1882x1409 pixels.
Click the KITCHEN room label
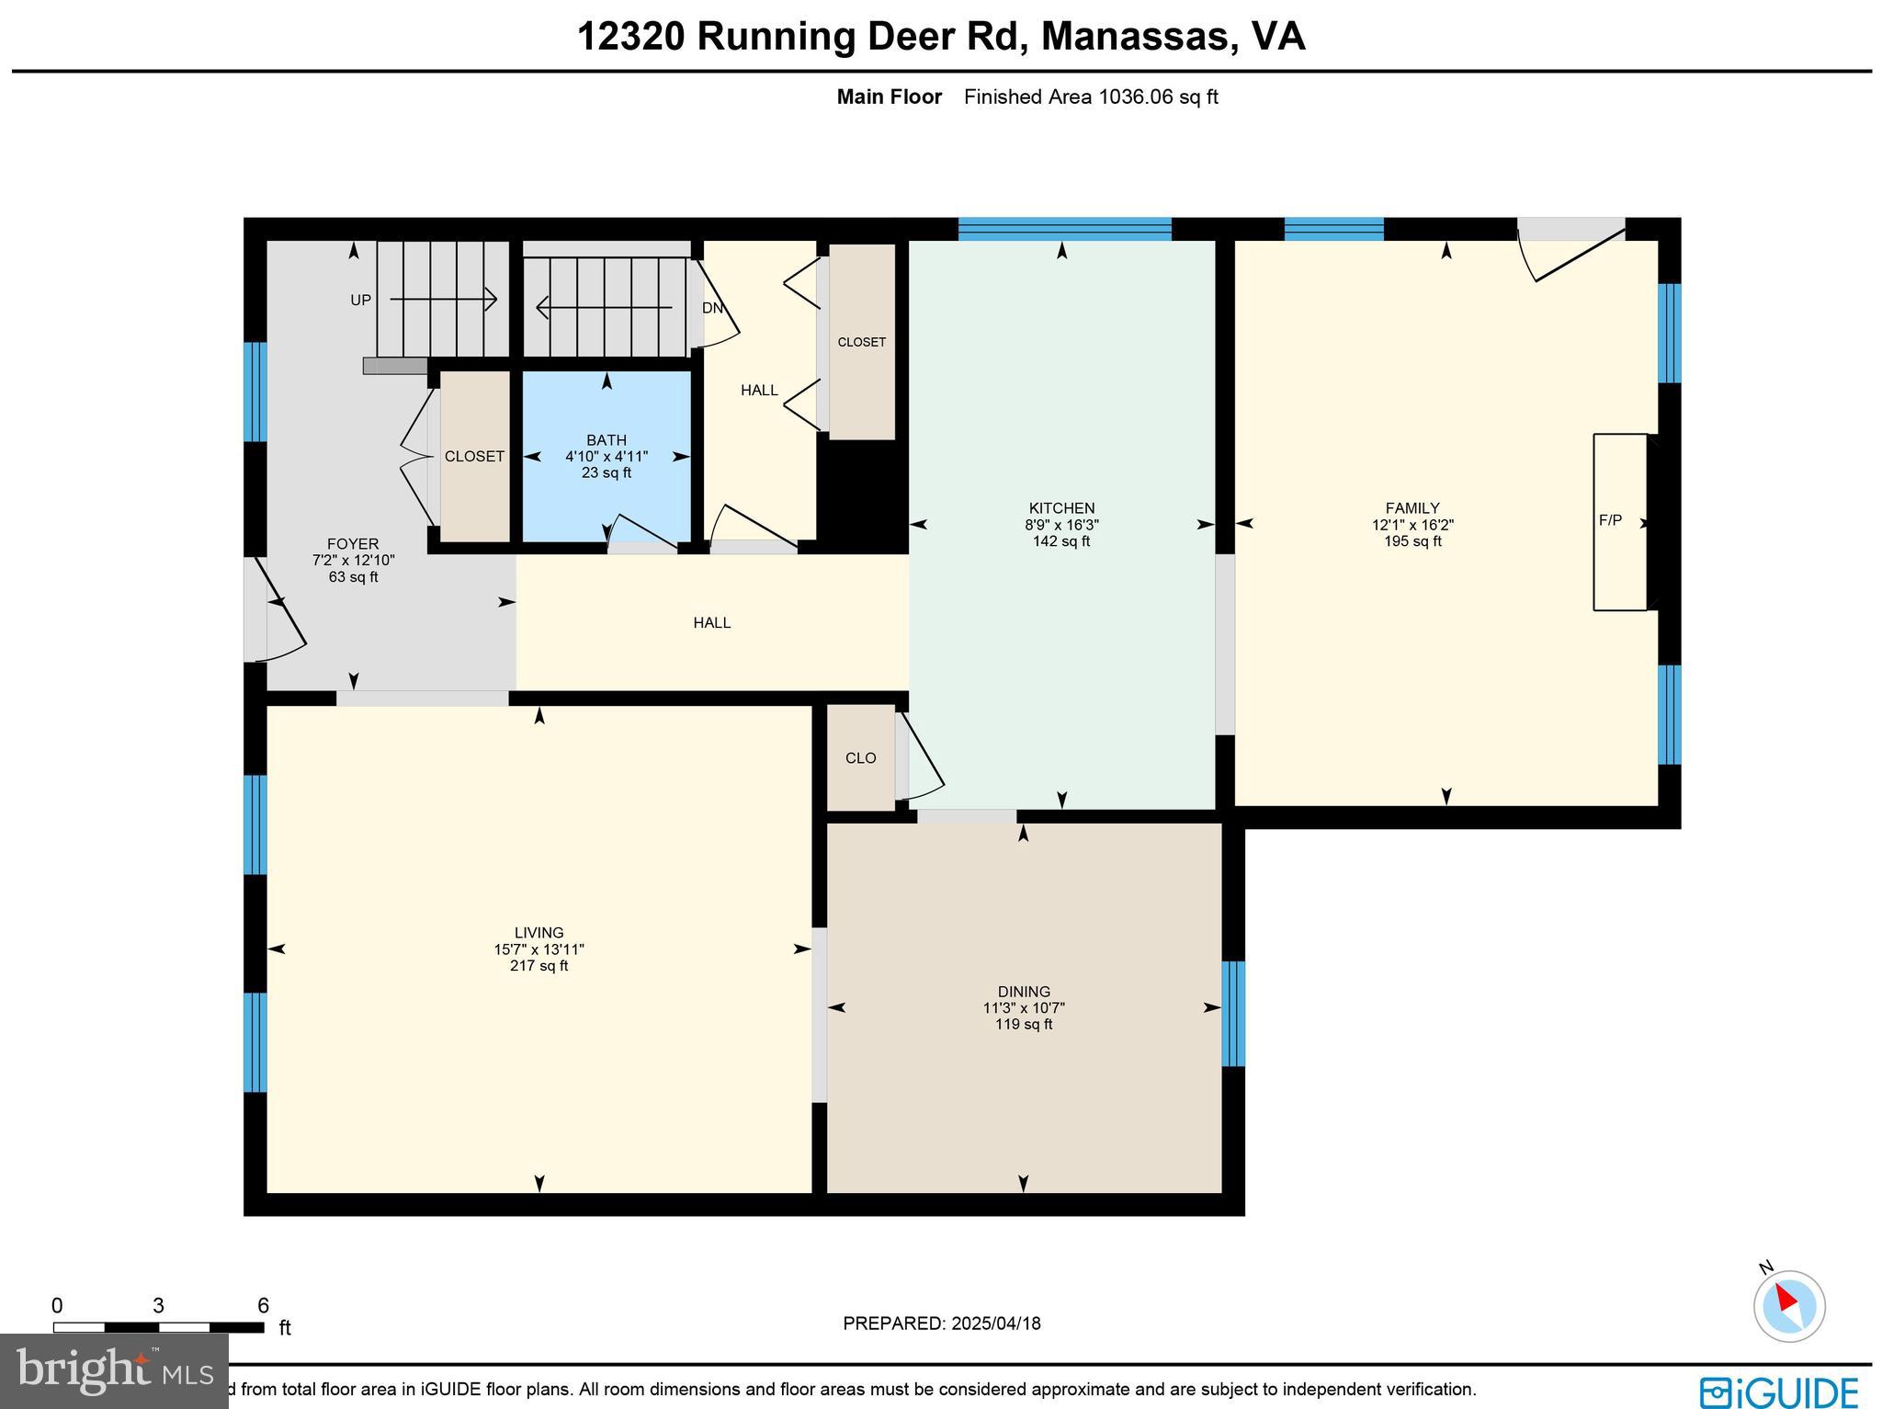tap(1061, 508)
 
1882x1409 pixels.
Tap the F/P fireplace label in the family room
tap(1610, 520)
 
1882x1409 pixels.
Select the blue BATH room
tap(607, 496)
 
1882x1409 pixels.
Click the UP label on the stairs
tap(360, 301)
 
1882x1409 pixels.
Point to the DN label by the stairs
tap(713, 308)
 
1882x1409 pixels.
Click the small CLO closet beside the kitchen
tap(860, 758)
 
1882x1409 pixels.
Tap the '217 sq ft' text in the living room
tap(539, 966)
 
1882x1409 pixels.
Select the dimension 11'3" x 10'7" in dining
tap(1024, 1007)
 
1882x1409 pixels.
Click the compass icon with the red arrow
tap(1788, 1305)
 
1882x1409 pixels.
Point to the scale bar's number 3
tap(158, 1306)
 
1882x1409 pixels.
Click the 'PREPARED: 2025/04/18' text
tap(942, 1324)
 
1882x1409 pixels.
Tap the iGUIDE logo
tap(1778, 1392)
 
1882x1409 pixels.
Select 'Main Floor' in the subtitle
tap(889, 97)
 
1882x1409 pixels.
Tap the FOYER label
tap(353, 544)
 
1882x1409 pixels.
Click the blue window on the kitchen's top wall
tap(1064, 229)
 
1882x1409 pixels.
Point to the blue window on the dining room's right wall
tap(1233, 1013)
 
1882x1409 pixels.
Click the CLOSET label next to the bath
tap(474, 456)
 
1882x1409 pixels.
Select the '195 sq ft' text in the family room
tap(1412, 541)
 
